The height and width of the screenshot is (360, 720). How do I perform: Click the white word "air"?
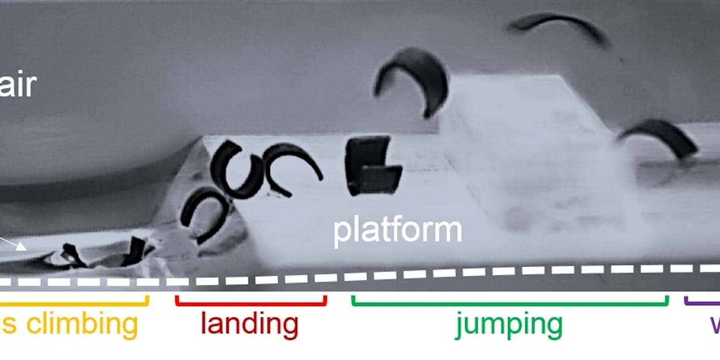click(x=18, y=85)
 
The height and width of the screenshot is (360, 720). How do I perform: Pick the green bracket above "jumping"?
click(x=510, y=303)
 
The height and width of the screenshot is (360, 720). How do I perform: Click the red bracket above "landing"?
click(x=251, y=303)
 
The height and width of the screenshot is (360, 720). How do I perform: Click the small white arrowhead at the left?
click(x=21, y=247)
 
